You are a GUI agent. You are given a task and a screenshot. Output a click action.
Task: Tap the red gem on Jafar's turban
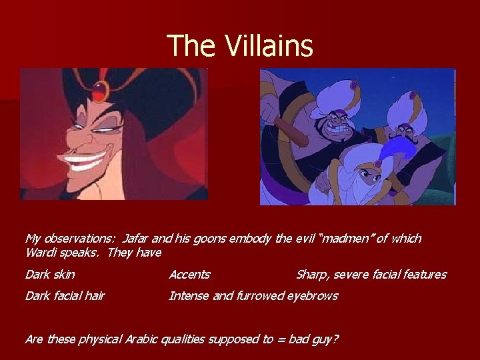101,87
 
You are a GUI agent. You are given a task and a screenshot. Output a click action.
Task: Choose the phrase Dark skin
50,275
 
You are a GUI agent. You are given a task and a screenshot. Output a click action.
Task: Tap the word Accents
189,275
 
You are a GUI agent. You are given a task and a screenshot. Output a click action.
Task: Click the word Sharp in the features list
311,275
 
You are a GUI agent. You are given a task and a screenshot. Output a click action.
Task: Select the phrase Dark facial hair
65,296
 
